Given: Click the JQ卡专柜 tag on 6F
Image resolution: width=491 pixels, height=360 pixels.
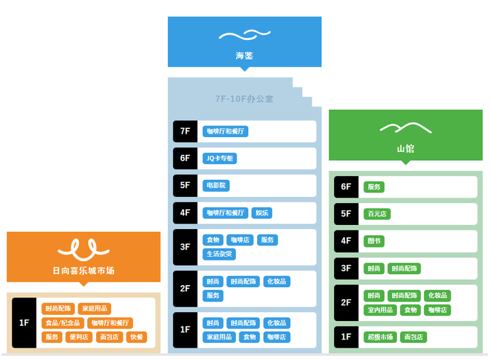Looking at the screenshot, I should coord(220,158).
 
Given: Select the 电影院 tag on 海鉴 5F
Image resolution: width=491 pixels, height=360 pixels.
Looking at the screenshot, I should coord(215,185).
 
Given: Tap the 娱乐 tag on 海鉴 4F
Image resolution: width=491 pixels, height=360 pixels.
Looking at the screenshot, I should coord(262,213).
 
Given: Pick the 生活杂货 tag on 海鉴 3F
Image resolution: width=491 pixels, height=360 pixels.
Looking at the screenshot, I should coord(219,254).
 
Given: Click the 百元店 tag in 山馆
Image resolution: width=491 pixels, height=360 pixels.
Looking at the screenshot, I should coord(376,213).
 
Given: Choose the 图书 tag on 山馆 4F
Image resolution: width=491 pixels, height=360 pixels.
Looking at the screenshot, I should coord(374,241).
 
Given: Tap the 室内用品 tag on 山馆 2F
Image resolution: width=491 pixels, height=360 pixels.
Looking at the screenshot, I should coord(380,310).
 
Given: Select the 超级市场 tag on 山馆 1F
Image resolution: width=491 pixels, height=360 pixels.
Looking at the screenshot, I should coord(380,337).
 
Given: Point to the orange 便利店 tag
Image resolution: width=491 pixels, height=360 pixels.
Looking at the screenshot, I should coord(79,337).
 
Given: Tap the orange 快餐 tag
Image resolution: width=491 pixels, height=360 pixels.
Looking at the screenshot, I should coord(136,337).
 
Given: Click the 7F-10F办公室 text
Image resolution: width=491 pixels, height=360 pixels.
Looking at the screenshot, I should coord(244,99).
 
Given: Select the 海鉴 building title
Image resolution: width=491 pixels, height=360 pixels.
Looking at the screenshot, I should coord(244,56).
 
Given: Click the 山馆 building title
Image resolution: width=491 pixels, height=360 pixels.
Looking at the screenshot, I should coord(405,148).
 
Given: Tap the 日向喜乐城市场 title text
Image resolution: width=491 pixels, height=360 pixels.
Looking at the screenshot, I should coord(83,271).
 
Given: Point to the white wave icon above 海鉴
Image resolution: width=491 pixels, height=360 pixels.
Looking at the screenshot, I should coord(244,35).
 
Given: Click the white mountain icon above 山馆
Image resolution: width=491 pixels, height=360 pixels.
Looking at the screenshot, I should coord(405,127).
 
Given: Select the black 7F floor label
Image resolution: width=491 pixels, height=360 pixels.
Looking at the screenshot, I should coord(185,131).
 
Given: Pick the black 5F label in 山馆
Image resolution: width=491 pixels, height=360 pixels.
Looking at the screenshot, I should coord(346,213).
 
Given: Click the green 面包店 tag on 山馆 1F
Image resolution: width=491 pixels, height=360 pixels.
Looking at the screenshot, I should coord(413,337).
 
